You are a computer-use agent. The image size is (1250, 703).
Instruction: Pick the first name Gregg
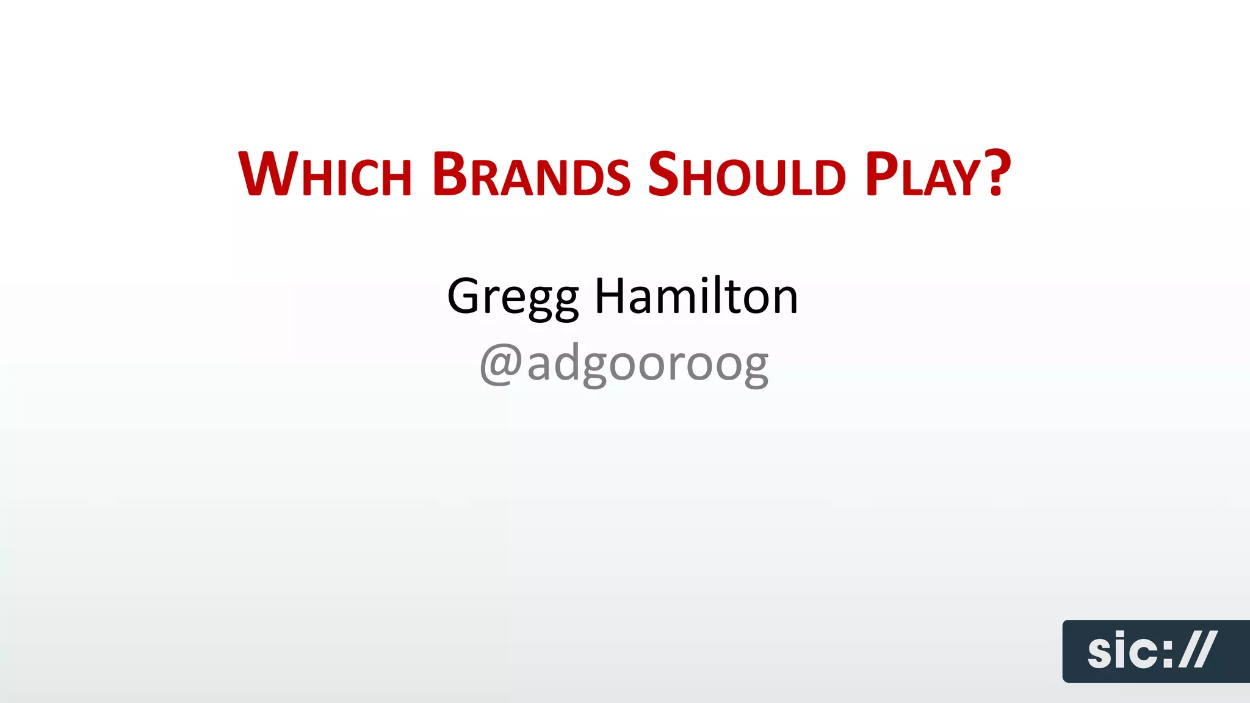coord(513,297)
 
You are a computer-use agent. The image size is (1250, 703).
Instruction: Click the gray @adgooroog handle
coord(624,364)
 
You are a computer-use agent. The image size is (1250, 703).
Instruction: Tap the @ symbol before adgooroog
coord(501,364)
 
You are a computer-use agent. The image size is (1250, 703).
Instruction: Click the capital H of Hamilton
coord(612,296)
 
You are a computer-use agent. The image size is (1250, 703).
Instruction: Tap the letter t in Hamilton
coord(732,297)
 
